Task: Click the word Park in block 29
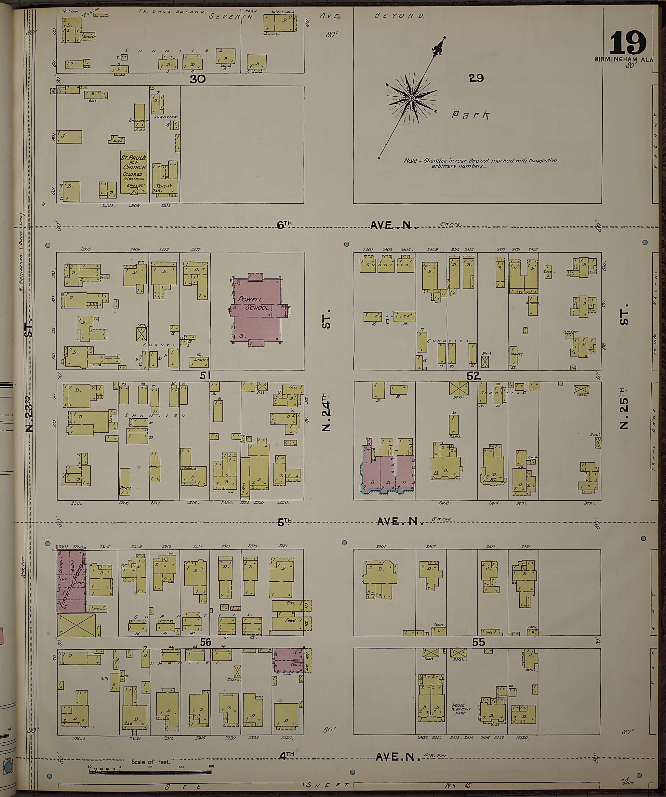[470, 115]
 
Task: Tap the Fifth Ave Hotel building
[71, 580]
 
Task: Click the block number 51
[205, 376]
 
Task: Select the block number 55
[479, 642]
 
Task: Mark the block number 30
[197, 79]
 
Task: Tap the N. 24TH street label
[327, 412]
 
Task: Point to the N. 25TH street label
[624, 408]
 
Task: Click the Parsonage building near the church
[139, 117]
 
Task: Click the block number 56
[205, 642]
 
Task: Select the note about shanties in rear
[480, 163]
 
